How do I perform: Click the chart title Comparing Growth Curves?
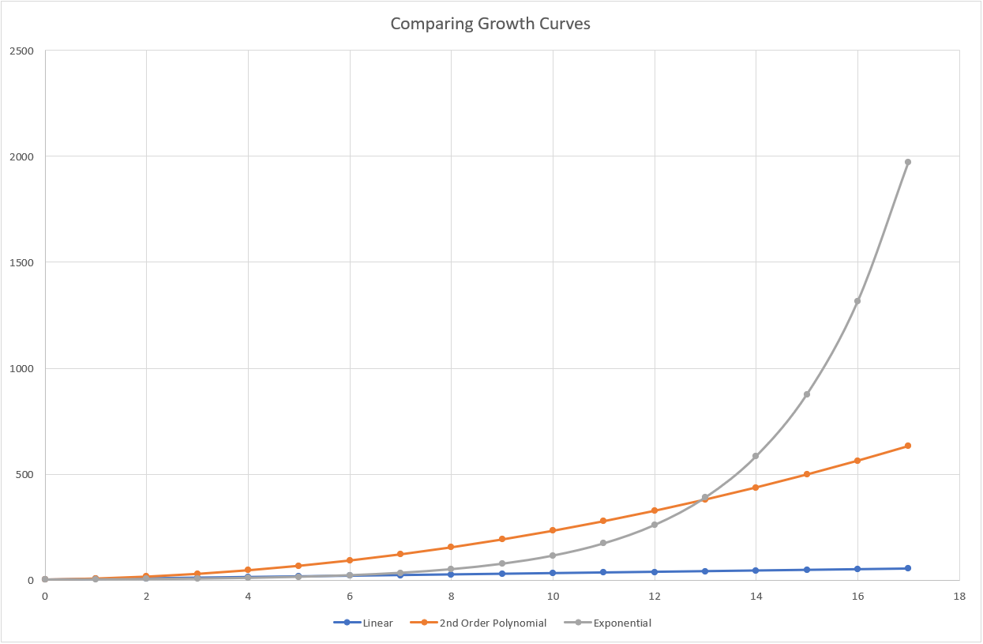click(x=490, y=24)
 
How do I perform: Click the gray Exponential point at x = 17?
click(x=908, y=162)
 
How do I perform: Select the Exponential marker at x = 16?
click(x=857, y=301)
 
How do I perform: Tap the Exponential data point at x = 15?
click(x=807, y=394)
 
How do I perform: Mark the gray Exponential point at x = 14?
click(x=756, y=456)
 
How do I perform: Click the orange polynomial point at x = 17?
click(x=908, y=446)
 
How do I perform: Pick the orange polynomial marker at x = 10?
click(x=553, y=530)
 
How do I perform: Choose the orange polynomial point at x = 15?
click(x=807, y=474)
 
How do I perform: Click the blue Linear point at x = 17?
click(x=908, y=568)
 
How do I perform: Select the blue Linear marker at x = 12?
click(x=654, y=571)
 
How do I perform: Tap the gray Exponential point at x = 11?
click(x=603, y=543)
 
